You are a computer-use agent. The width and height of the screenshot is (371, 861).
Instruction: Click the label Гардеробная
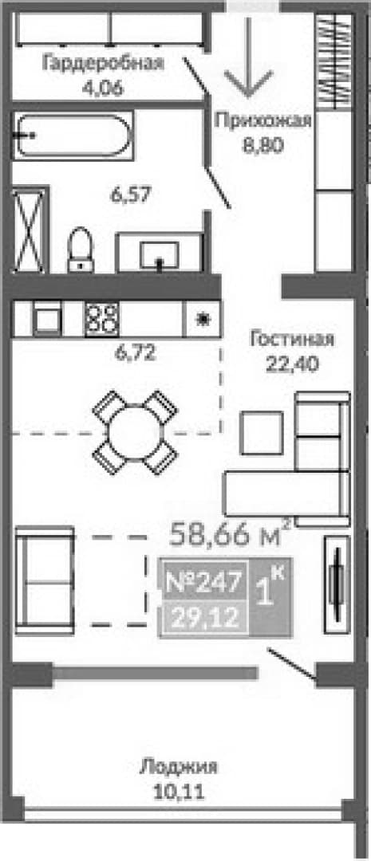coord(104,63)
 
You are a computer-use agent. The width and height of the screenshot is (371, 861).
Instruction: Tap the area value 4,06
coord(102,88)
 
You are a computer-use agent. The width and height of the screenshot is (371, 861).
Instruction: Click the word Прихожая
coord(263,120)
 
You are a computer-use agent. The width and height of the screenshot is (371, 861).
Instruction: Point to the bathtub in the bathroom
coord(73,136)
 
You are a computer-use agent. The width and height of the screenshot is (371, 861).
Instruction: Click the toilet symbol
coord(81,250)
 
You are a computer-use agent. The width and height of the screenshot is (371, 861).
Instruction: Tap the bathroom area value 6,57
coord(131,195)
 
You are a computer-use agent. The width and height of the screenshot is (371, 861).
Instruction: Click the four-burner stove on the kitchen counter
coord(101,318)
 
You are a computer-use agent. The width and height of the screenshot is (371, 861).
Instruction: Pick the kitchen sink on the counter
coord(47,319)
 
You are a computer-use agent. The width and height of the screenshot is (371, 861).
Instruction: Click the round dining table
coord(134,431)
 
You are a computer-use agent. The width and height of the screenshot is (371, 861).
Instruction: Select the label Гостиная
coord(292,338)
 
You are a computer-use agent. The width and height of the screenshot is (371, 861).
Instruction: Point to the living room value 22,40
coord(292,364)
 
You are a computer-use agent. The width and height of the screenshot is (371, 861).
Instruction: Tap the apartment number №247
coord(203,582)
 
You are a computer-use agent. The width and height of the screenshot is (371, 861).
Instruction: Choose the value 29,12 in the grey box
coord(204,619)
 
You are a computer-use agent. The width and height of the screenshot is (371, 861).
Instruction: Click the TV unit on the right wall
coord(337,585)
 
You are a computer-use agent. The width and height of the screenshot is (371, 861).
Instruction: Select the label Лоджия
coord(179,767)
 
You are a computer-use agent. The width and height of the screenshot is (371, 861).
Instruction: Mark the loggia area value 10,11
coord(180,792)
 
